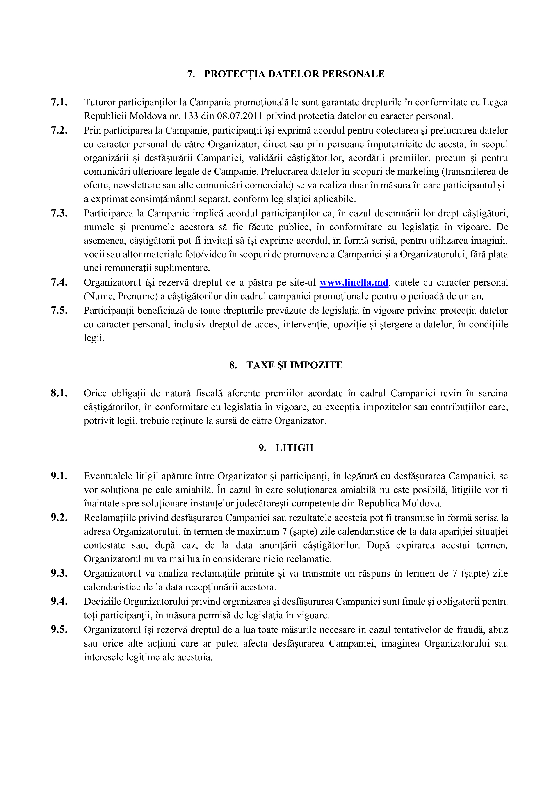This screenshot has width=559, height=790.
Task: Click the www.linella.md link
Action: coord(354,282)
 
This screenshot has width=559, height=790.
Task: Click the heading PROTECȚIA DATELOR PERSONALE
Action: coord(294,74)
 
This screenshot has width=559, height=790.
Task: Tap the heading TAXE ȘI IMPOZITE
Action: coord(294,365)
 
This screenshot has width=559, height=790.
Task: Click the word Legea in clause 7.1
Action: coord(495,102)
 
